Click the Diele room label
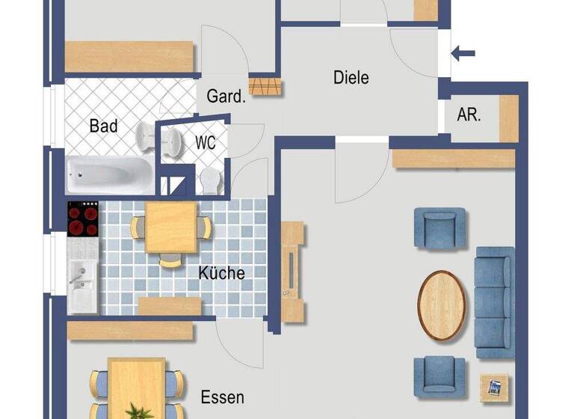tap(351, 76)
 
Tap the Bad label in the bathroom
tap(104, 126)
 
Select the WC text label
tap(206, 142)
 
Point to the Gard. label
tap(226, 97)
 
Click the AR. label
tap(469, 115)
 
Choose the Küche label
tap(221, 273)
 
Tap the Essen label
tap(222, 397)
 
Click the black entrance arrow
tap(464, 52)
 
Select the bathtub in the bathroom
tap(109, 174)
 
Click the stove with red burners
tap(83, 218)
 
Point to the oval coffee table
tap(442, 305)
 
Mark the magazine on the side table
tap(494, 388)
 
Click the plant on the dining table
tap(136, 411)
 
